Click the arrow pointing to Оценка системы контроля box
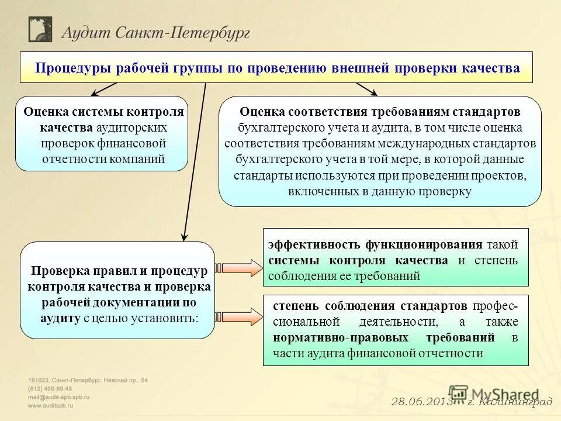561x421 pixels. click(104, 89)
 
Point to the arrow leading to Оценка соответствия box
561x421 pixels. click(366, 89)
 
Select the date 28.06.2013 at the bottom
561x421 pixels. click(419, 402)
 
